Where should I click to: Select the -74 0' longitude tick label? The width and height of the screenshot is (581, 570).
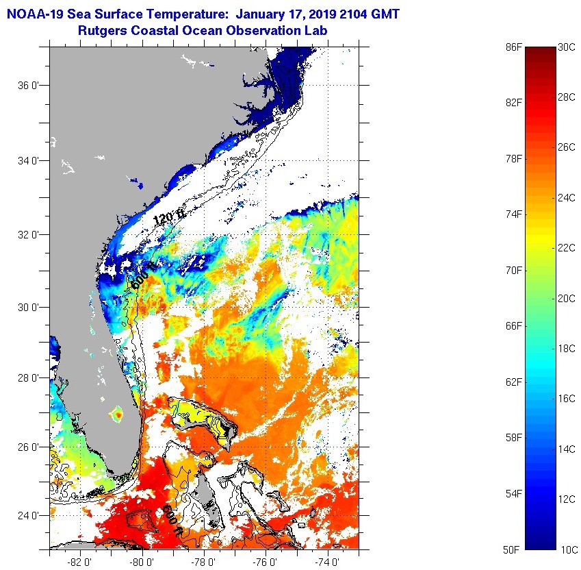click(326, 561)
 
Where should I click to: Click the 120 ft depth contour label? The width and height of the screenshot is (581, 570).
click(169, 219)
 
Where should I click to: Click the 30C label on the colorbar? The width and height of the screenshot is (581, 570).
click(567, 47)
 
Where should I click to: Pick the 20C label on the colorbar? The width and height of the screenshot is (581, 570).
click(567, 298)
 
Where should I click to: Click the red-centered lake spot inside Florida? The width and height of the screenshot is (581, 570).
click(117, 414)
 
